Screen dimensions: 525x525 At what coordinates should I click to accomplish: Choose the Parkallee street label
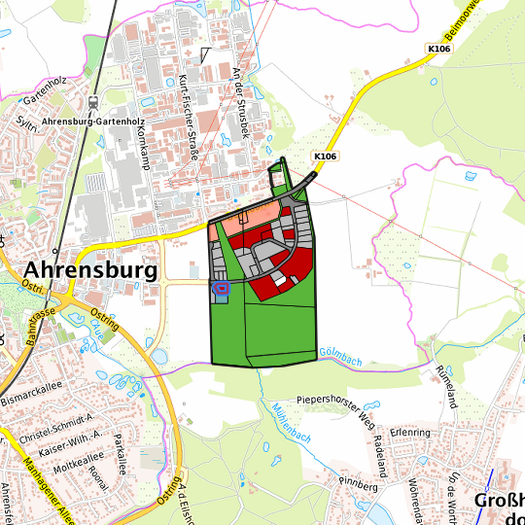tap(121, 452)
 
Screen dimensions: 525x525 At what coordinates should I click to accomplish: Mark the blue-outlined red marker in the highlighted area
tap(221, 287)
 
